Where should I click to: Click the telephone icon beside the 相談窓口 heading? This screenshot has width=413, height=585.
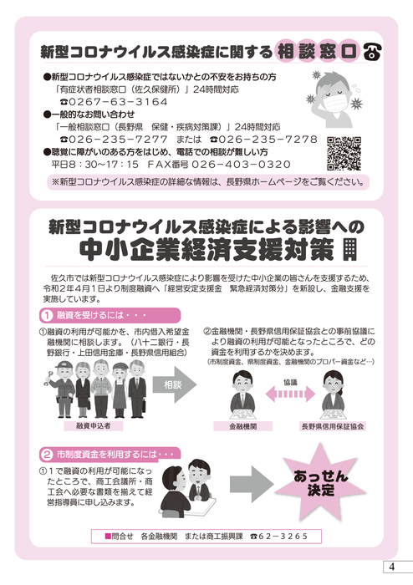coord(372,53)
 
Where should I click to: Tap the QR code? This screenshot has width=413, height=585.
coord(344,153)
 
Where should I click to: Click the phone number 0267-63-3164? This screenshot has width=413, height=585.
coord(118,102)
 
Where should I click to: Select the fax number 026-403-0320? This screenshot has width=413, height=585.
coord(241,164)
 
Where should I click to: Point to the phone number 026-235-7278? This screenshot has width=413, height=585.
coord(268,140)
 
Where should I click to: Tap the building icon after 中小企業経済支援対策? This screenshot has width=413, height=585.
coord(350,250)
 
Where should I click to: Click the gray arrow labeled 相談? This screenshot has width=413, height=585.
coord(174,384)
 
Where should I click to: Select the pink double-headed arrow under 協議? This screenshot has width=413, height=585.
coord(290,394)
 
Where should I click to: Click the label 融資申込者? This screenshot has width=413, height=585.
coord(94,425)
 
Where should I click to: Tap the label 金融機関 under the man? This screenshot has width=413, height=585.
coord(243,426)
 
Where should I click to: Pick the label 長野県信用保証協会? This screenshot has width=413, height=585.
coord(333,426)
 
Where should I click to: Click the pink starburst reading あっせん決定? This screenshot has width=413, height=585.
coord(320,482)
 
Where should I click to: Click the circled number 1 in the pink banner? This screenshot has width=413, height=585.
coord(47,316)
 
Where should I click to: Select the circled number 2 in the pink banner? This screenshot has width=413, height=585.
coord(47,455)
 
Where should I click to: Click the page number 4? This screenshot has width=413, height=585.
coord(391,567)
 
